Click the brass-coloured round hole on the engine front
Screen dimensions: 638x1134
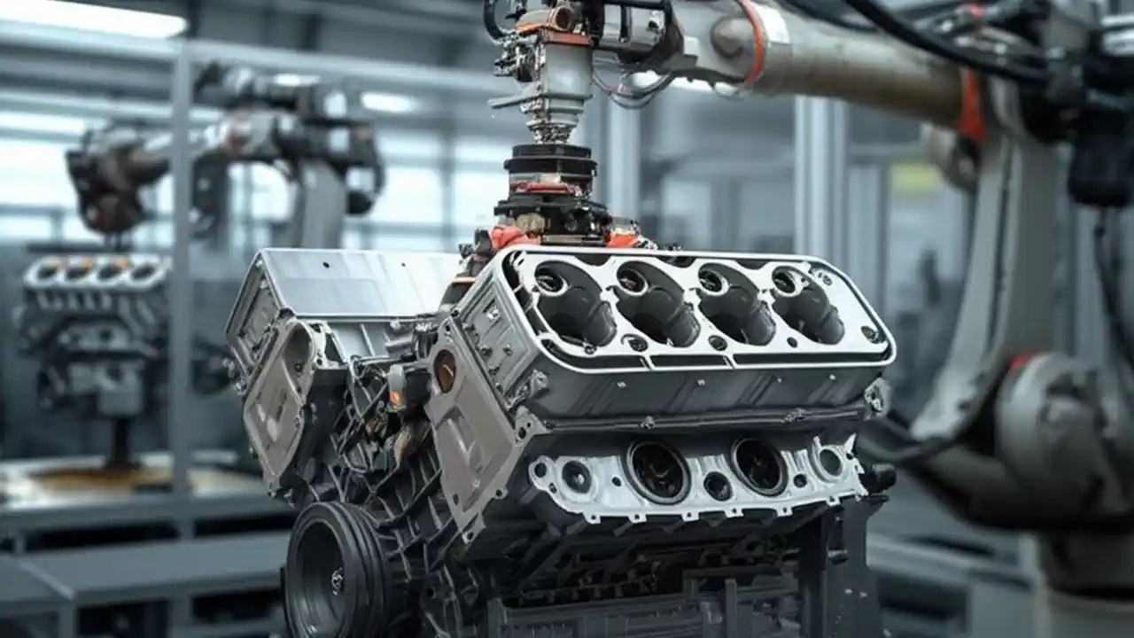445,370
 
